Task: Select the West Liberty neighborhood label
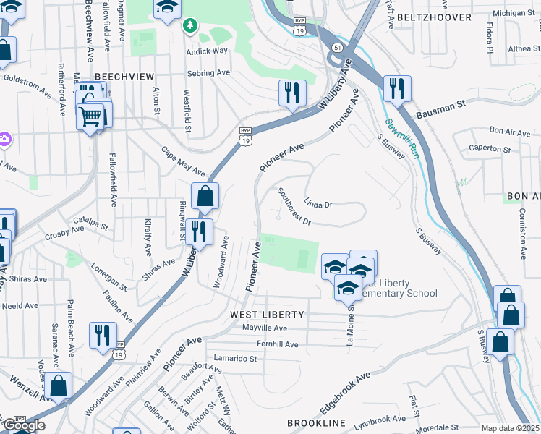point(268,315)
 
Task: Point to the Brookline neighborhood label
point(316,422)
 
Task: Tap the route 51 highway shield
point(337,47)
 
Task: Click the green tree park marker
point(190,26)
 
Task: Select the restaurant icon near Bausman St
point(396,89)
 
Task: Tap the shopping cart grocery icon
point(90,116)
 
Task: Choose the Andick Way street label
point(207,51)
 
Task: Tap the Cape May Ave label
point(183,162)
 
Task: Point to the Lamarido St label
point(235,358)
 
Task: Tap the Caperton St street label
point(490,149)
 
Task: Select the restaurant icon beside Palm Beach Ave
point(102,334)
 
